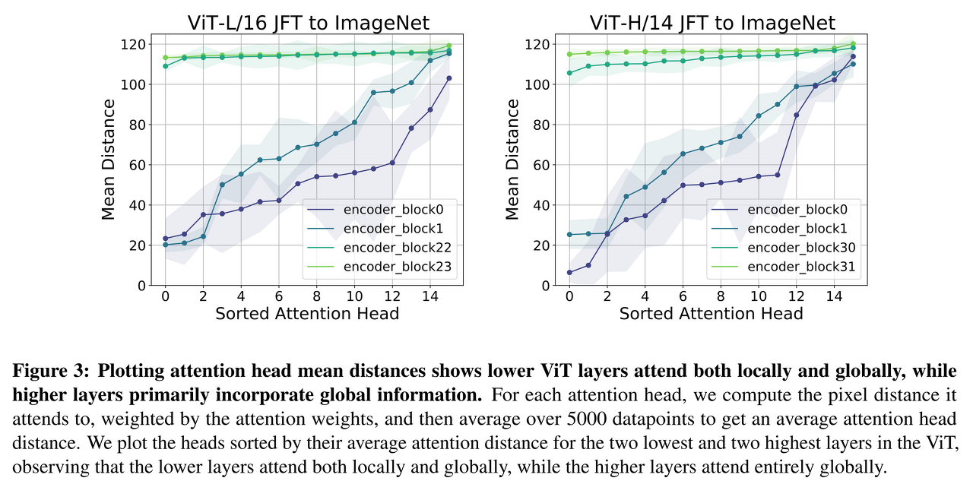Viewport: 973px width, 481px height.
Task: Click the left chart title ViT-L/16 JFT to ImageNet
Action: (308, 22)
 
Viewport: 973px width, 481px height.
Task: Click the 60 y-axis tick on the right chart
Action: (541, 165)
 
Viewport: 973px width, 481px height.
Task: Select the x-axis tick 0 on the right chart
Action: (569, 296)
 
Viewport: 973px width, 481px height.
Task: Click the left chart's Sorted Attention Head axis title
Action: (307, 313)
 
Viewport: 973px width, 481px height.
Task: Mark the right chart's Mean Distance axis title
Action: (513, 160)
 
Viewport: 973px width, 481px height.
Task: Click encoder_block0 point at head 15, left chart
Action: (449, 78)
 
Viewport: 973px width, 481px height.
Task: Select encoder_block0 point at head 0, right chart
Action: (569, 272)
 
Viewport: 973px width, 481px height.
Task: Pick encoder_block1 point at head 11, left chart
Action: (373, 93)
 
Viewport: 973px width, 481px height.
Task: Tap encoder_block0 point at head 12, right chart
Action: (796, 115)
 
